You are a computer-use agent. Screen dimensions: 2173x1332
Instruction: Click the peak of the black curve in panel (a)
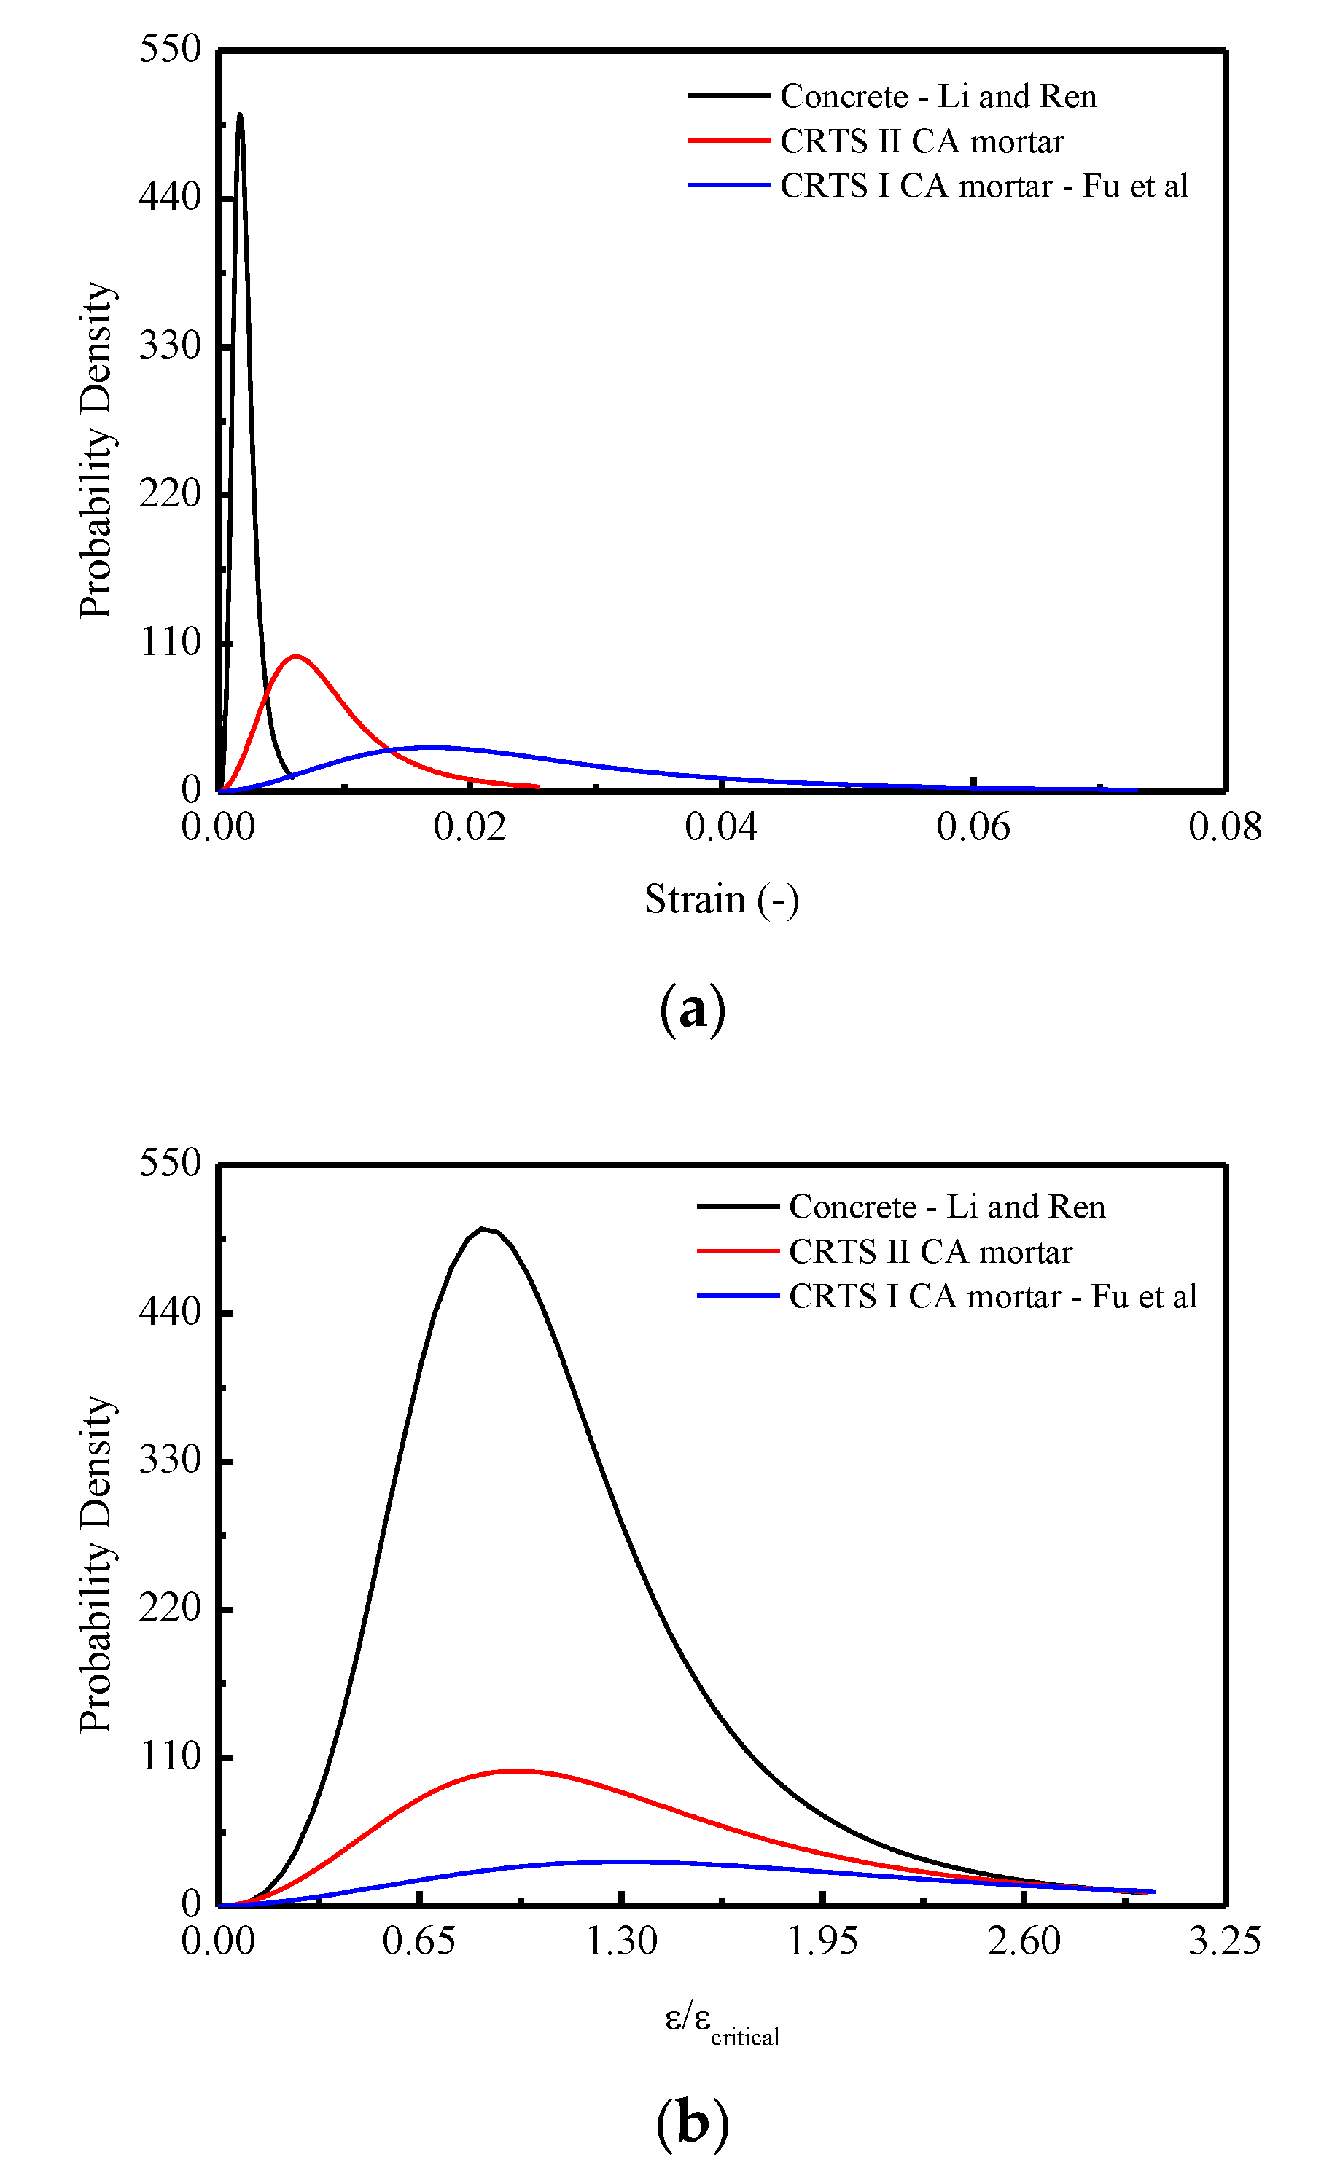[x=240, y=114]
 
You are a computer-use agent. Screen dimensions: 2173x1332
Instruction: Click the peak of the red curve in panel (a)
[x=297, y=656]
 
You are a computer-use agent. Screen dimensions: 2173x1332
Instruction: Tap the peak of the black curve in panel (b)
[x=482, y=1229]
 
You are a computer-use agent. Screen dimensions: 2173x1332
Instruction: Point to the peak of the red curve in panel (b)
[x=514, y=1770]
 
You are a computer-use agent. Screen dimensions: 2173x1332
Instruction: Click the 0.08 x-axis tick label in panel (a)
[x=1224, y=827]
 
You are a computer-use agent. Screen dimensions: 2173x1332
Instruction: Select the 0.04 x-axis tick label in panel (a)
[x=721, y=827]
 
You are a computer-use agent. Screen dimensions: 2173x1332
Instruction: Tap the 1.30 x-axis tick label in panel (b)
[x=622, y=1941]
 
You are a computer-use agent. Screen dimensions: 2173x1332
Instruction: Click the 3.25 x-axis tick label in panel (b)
[x=1224, y=1941]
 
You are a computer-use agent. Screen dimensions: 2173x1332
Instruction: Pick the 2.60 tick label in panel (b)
[x=1024, y=1941]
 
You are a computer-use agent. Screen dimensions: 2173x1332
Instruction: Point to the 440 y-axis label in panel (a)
[x=171, y=197]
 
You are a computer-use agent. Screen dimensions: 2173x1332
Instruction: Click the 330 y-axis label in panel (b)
[x=171, y=1460]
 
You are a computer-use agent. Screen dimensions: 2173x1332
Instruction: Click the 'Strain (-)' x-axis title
[x=722, y=899]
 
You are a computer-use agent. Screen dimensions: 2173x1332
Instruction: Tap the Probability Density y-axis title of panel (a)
[x=96, y=450]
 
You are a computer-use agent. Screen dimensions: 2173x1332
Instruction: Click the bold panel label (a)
[x=693, y=1009]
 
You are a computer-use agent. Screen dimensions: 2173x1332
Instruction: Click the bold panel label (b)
[x=693, y=2123]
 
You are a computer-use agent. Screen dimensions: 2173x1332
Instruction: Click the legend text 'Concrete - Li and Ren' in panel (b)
[x=946, y=1207]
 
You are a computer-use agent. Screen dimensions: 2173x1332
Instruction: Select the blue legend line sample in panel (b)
[x=738, y=1296]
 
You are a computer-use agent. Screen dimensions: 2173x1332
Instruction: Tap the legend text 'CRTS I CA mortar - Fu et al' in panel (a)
[x=984, y=186]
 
